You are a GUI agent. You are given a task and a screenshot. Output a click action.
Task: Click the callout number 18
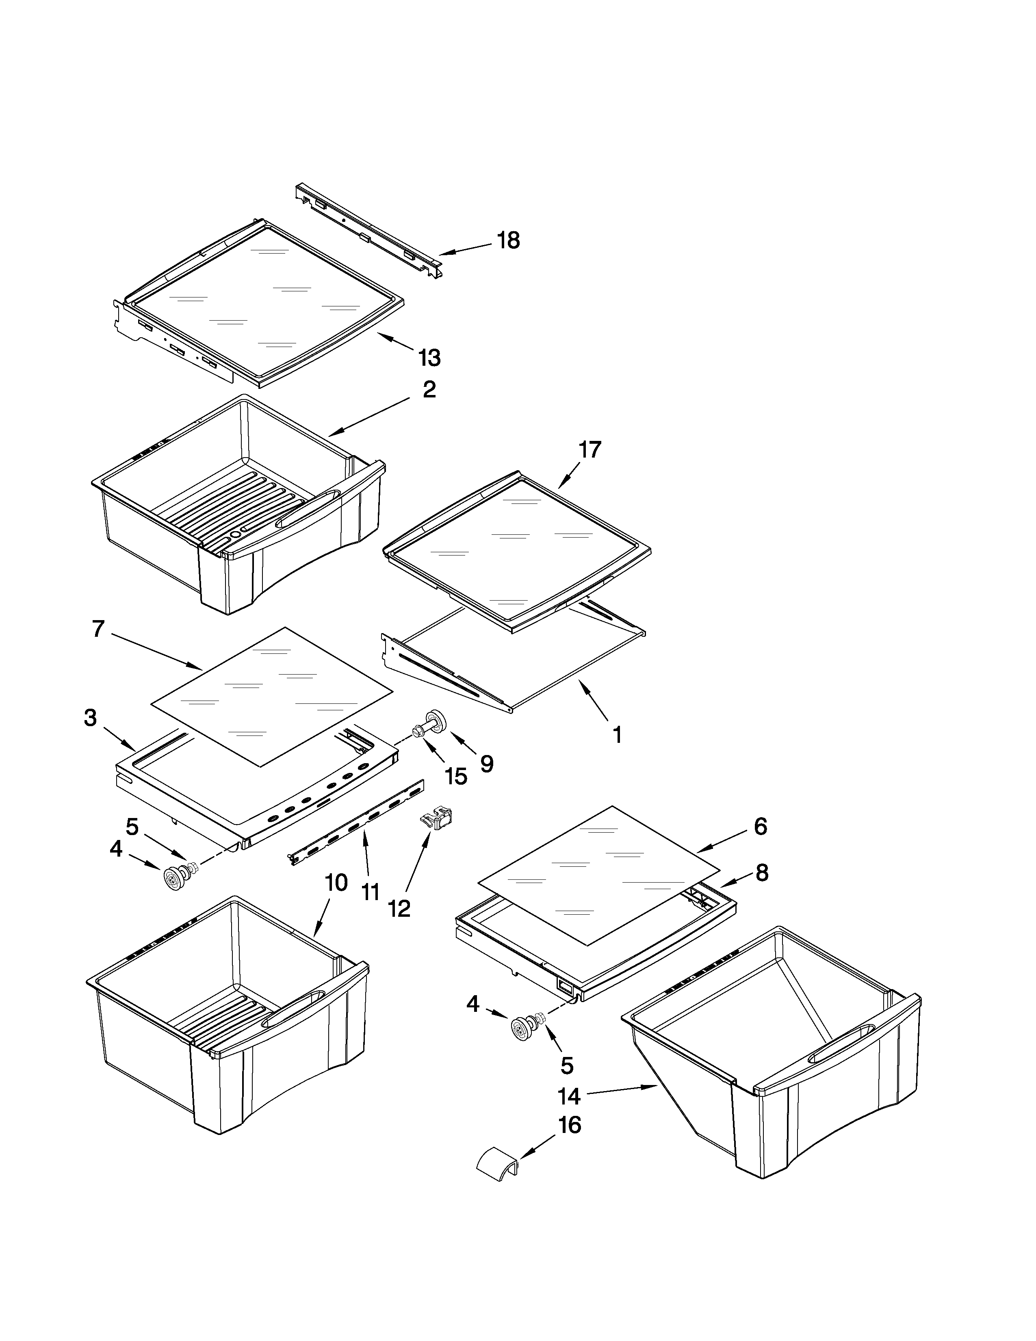tap(508, 240)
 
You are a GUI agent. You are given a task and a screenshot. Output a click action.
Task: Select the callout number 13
tap(429, 357)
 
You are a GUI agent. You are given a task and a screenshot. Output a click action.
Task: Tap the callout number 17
tap(590, 450)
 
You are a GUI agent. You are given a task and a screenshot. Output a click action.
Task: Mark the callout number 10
tap(336, 883)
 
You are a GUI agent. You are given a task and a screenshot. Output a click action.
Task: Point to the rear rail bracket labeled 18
tap(368, 230)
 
